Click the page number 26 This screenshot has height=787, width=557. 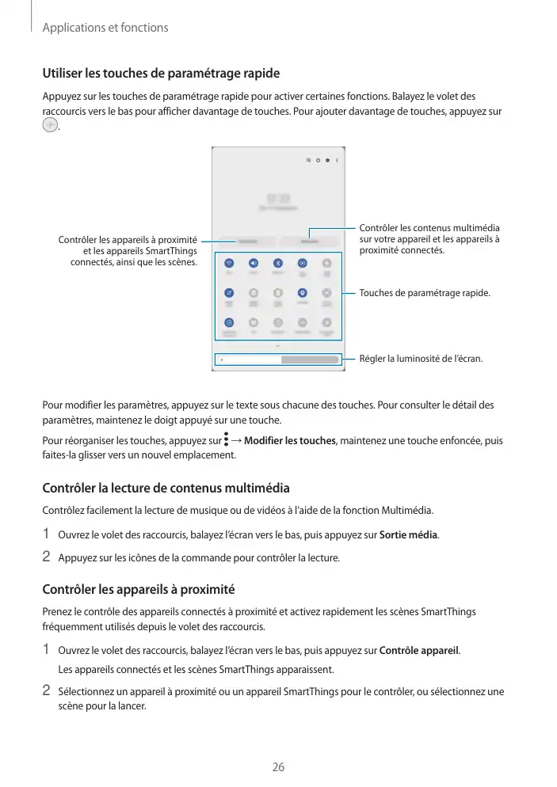tap(278, 766)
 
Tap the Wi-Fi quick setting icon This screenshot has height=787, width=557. tap(229, 263)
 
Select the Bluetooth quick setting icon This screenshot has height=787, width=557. tap(278, 263)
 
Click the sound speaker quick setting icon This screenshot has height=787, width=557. tap(254, 263)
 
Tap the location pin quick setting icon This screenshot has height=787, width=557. tap(303, 292)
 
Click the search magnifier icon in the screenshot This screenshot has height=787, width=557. tap(309, 160)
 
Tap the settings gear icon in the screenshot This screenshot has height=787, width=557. tap(328, 160)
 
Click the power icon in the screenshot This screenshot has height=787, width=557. tap(319, 160)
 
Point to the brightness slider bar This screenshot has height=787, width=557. tap(278, 359)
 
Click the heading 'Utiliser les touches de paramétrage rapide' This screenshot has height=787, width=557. tap(161, 74)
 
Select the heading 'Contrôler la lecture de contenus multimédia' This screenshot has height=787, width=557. tap(166, 487)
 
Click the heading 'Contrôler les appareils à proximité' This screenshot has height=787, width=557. tap(139, 590)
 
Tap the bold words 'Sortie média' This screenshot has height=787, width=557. tap(409, 534)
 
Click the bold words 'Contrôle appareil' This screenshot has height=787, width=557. tap(419, 651)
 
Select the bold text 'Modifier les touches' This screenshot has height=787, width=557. tap(290, 440)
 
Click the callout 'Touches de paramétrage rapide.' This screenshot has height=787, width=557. tap(425, 294)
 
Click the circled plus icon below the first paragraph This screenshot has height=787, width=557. tap(50, 127)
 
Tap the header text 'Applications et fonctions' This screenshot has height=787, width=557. tap(105, 28)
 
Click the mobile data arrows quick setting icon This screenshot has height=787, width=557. tap(229, 292)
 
